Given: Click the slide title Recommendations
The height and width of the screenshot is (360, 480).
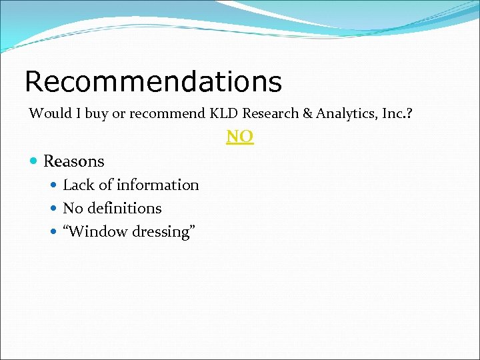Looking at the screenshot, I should pyautogui.click(x=153, y=82).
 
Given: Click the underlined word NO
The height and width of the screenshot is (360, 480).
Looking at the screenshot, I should pyautogui.click(x=240, y=137).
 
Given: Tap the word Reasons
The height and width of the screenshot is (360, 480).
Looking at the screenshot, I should pyautogui.click(x=74, y=161).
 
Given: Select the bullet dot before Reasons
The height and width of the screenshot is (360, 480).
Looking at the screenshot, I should pyautogui.click(x=34, y=161).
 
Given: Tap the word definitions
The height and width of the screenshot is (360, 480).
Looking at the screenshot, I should pyautogui.click(x=126, y=209).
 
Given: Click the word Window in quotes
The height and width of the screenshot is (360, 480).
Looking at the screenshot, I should pyautogui.click(x=97, y=232).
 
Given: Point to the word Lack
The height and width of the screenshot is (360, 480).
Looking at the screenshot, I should pyautogui.click(x=77, y=185).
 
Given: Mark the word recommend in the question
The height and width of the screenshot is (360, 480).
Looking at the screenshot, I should pyautogui.click(x=167, y=113).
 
